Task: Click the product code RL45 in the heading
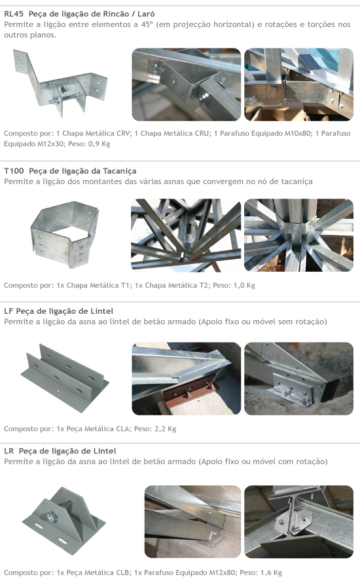click(14, 14)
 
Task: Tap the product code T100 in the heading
click(14, 171)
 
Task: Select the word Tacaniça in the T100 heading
click(120, 171)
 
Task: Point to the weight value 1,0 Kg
click(244, 286)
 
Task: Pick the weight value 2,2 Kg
click(165, 428)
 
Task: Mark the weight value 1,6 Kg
click(271, 573)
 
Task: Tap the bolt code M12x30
click(50, 143)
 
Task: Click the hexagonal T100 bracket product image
click(65, 234)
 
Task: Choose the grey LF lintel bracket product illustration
click(64, 377)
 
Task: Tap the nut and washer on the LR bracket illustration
click(52, 516)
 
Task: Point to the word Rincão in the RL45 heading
click(103, 14)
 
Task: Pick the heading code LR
click(9, 451)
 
